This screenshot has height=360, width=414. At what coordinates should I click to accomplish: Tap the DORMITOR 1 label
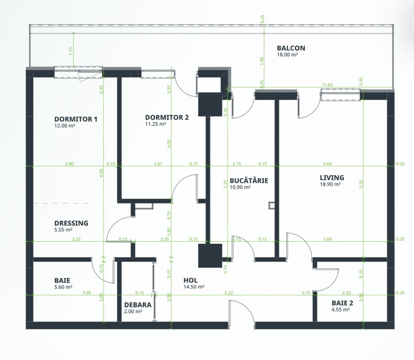click(x=76, y=119)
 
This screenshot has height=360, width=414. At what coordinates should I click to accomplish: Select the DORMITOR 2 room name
click(x=167, y=117)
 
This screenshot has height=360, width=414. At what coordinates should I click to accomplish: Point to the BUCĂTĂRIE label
click(x=249, y=181)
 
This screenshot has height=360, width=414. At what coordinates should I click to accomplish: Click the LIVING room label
click(x=332, y=178)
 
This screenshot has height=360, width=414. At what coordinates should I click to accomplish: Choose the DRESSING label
click(x=71, y=223)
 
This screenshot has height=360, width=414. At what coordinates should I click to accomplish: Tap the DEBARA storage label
click(x=138, y=305)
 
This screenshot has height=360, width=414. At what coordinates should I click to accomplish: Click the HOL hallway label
click(x=190, y=280)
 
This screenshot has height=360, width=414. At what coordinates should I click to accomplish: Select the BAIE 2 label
click(x=342, y=303)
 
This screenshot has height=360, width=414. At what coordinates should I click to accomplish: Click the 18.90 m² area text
click(x=330, y=184)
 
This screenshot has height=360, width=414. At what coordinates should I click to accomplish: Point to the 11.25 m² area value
click(x=156, y=124)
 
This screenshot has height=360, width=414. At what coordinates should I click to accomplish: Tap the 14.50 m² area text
click(x=194, y=287)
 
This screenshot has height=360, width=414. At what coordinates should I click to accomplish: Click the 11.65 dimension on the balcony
click(x=327, y=85)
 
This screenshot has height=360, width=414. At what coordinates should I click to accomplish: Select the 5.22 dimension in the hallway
click(x=229, y=293)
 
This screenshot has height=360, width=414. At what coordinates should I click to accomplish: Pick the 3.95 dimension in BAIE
click(x=87, y=293)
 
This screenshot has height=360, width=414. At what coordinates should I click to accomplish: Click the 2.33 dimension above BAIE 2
click(x=346, y=293)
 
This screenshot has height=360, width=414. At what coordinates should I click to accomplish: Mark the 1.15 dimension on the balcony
click(x=71, y=51)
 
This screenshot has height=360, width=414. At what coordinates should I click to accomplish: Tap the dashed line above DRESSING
click(x=61, y=203)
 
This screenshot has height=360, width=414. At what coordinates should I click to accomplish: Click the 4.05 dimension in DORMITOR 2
click(x=169, y=143)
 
